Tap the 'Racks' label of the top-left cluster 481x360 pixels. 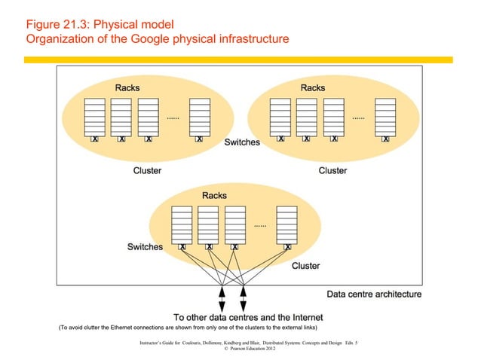[x=127, y=87]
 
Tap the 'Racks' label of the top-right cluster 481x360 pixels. [x=312, y=87]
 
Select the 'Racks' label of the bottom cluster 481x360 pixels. [x=214, y=196]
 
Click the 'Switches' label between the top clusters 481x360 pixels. [x=242, y=142]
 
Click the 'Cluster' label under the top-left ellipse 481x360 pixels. [x=147, y=170]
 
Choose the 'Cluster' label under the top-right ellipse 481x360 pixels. [x=332, y=170]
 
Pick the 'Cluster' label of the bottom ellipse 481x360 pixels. [x=305, y=265]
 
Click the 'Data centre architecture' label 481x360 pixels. [x=373, y=294]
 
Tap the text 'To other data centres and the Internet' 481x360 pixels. [x=248, y=317]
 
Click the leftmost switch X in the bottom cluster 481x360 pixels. [x=182, y=246]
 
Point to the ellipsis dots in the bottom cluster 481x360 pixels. [x=260, y=225]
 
